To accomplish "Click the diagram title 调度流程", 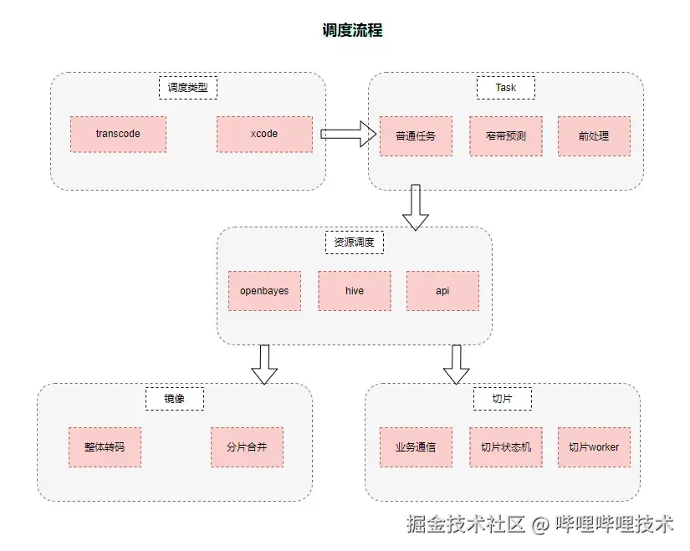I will click(352, 30).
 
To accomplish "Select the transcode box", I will click(118, 134).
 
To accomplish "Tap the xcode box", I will click(264, 134).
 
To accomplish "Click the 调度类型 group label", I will click(187, 88).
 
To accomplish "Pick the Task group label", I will click(505, 88).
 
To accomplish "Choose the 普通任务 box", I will click(416, 135).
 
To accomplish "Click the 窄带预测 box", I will click(505, 135).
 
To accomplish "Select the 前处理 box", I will click(594, 135).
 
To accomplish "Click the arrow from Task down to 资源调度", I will click(416, 207).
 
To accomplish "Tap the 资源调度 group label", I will click(354, 243).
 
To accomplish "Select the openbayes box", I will click(264, 291).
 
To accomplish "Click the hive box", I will click(354, 291).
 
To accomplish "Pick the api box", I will click(442, 291).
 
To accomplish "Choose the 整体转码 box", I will click(105, 447).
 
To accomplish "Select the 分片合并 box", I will click(247, 447).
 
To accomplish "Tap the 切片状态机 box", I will click(505, 447).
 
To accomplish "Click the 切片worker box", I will click(594, 447).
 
